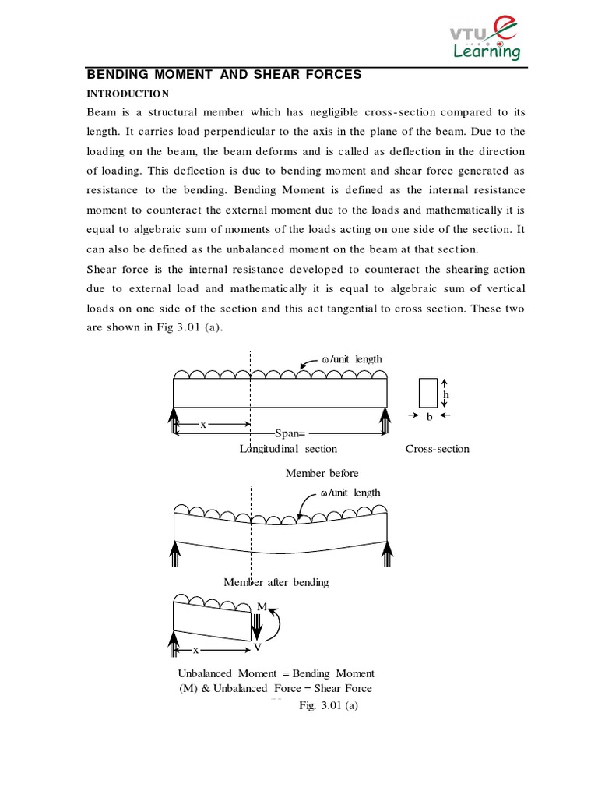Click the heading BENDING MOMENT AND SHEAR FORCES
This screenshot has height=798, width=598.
coord(223,75)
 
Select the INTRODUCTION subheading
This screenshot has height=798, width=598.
coord(126,94)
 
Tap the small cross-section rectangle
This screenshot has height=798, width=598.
coord(427,393)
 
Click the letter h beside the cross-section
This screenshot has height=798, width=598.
coord(446,395)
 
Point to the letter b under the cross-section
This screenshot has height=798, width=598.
coord(427,417)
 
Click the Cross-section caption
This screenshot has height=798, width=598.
coord(437,449)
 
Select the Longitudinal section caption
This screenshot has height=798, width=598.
coord(288,449)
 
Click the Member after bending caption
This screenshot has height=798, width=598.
coord(276,582)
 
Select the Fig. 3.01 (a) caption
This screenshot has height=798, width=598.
coord(329,705)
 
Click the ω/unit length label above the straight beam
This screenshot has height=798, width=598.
coord(352,358)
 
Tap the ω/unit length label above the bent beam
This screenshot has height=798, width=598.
coord(350,493)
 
